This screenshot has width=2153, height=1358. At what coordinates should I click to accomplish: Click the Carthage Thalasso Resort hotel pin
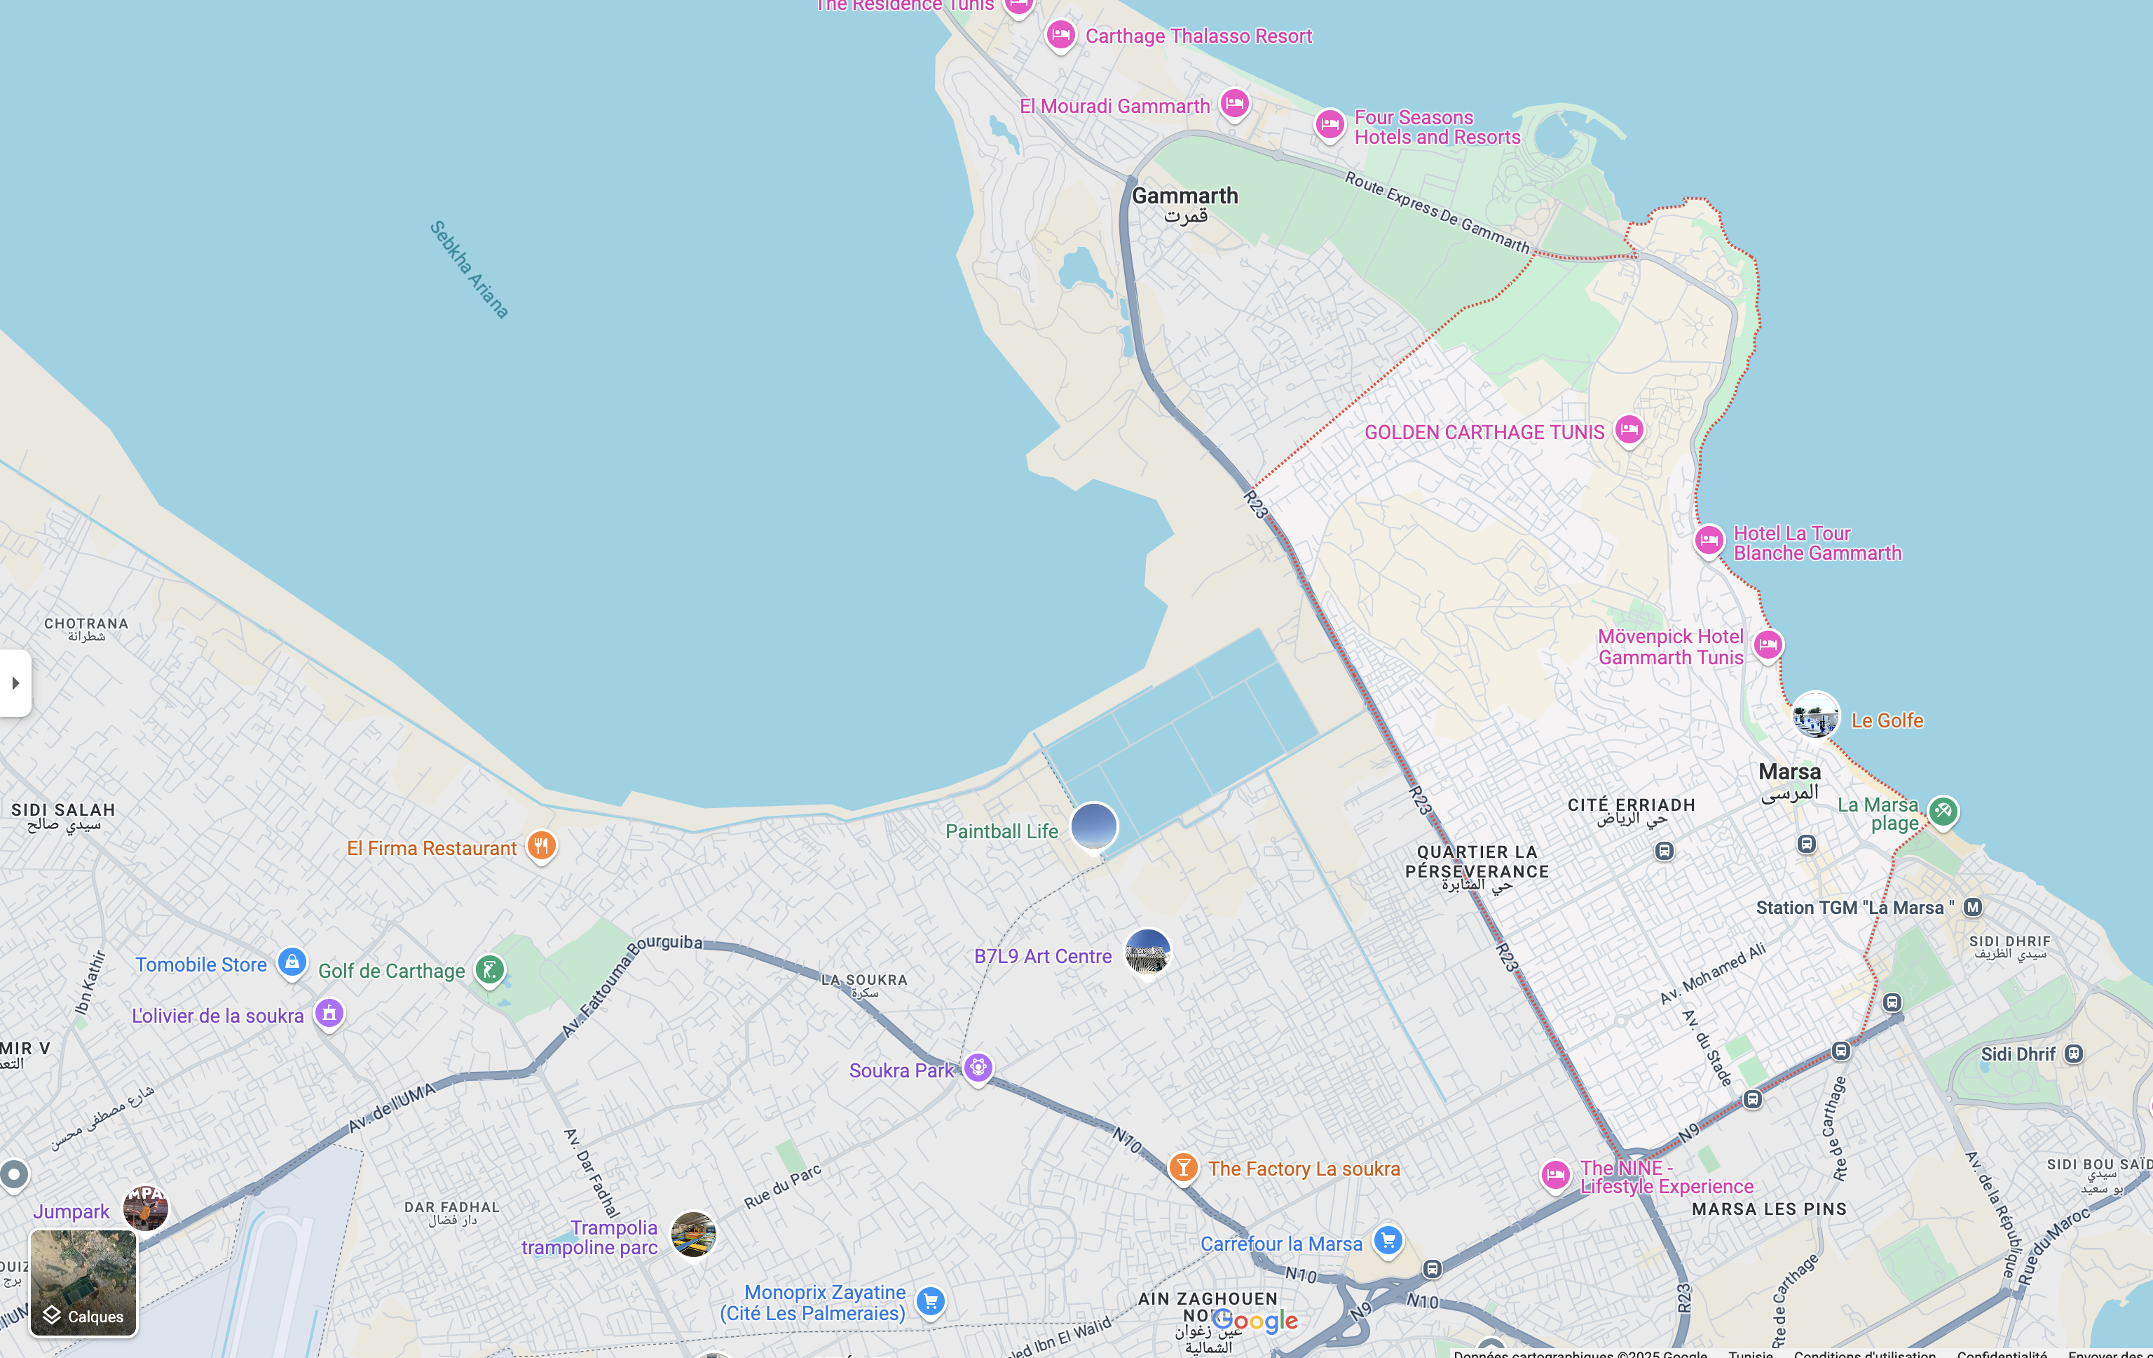click(x=1060, y=35)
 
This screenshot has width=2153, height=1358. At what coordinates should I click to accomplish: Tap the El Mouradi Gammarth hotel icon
click(x=1235, y=104)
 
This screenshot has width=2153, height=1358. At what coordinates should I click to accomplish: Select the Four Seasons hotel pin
click(x=1330, y=123)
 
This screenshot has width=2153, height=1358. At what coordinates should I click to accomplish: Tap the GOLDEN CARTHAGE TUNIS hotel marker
click(x=1629, y=430)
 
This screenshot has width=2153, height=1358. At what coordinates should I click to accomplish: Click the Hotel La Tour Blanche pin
click(x=1709, y=540)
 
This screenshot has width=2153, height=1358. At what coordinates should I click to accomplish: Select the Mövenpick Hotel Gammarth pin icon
click(x=1768, y=644)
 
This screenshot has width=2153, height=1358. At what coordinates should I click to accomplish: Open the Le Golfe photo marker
click(x=1816, y=715)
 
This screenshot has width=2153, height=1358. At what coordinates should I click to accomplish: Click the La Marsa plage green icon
click(x=1943, y=812)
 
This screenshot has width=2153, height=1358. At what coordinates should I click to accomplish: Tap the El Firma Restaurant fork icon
click(x=541, y=845)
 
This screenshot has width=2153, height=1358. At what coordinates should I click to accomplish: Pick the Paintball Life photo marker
click(x=1093, y=826)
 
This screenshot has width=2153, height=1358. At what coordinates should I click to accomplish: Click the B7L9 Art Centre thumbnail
click(x=1148, y=952)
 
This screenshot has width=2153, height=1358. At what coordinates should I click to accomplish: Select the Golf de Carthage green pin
click(x=490, y=969)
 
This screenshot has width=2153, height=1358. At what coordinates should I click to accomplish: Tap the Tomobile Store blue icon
click(x=292, y=962)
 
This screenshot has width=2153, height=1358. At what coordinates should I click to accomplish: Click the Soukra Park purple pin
click(x=978, y=1068)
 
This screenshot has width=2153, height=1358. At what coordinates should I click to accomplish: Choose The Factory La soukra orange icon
click(x=1183, y=1167)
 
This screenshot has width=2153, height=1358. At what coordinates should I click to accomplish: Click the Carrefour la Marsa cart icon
click(x=1388, y=1240)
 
